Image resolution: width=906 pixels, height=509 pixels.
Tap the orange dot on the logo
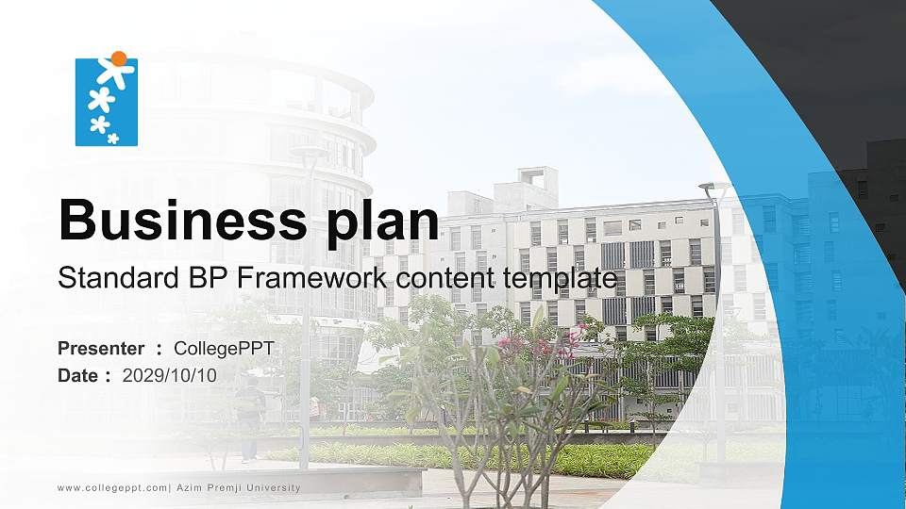[x=118, y=58]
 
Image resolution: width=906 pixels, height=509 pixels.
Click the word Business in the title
[x=175, y=220]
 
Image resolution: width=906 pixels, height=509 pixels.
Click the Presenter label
[x=101, y=349]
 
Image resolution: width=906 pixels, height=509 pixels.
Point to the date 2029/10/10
[x=170, y=375]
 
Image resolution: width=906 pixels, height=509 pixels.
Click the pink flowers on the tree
[x=528, y=344]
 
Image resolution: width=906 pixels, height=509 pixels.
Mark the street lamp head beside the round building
[x=309, y=152]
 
